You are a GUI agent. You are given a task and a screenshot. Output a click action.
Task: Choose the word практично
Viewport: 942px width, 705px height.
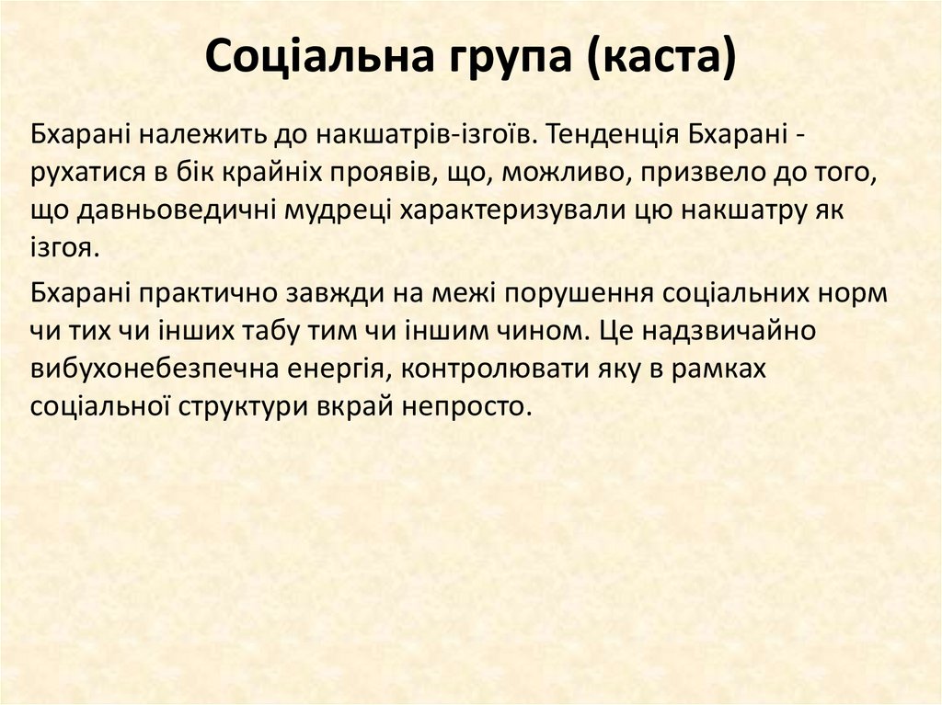tap(201, 294)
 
